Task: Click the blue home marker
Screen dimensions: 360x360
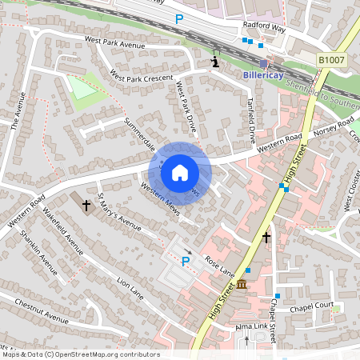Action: pyautogui.click(x=179, y=172)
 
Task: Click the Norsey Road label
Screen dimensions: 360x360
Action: pyautogui.click(x=334, y=126)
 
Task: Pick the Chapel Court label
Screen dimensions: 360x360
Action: pyautogui.click(x=313, y=305)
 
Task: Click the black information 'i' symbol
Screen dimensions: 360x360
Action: pyautogui.click(x=214, y=60)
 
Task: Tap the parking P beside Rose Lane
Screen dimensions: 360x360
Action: pyautogui.click(x=186, y=261)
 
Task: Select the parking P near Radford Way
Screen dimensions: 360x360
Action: pyautogui.click(x=179, y=18)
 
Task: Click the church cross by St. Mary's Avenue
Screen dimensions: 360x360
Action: pyautogui.click(x=86, y=206)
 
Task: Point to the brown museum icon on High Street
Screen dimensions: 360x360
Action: pyautogui.click(x=242, y=285)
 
